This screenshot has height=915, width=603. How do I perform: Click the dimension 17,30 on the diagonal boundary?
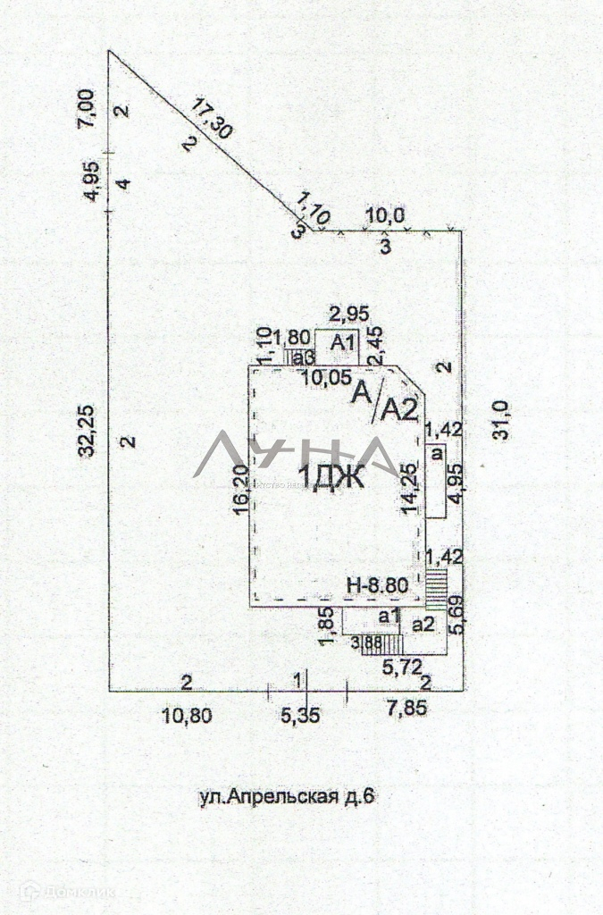tap(213, 119)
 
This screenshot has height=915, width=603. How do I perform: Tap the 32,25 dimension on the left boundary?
tap(88, 433)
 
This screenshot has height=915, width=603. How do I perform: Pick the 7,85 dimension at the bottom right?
tap(406, 708)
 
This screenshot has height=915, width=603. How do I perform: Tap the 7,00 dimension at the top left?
tap(87, 109)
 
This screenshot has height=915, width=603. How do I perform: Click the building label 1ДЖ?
tap(331, 479)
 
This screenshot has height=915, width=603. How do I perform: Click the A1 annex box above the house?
tap(343, 343)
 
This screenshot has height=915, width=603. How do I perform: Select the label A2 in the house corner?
tap(400, 409)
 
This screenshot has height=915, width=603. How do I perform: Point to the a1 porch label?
tap(389, 615)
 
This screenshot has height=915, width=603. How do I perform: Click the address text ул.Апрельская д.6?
tap(284, 797)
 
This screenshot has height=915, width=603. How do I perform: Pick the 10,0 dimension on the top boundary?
tap(386, 217)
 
